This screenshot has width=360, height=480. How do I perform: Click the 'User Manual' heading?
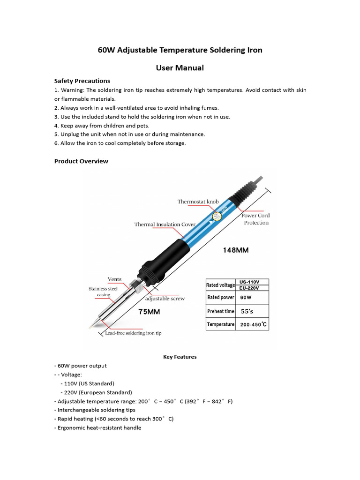(180, 68)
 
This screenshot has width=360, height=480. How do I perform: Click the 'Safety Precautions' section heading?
(82, 81)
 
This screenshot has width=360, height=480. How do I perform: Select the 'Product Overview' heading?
(81, 161)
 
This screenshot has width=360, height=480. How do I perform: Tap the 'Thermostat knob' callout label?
(198, 202)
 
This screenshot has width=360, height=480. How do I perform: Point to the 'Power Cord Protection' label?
(256, 219)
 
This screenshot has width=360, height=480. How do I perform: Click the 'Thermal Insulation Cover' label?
(165, 225)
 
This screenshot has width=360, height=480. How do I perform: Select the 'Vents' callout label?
(114, 279)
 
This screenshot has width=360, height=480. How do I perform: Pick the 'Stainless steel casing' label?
(103, 292)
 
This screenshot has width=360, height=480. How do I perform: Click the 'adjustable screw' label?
(165, 298)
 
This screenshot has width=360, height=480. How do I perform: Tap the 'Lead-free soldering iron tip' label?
(133, 333)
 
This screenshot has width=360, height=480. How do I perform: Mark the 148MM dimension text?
(235, 250)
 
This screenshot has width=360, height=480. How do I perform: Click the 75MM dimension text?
(153, 311)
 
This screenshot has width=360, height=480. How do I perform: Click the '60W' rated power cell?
(246, 297)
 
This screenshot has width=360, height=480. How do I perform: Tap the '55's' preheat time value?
(248, 311)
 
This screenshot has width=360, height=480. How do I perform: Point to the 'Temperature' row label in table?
(220, 324)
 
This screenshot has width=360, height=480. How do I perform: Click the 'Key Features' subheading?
(180, 357)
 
